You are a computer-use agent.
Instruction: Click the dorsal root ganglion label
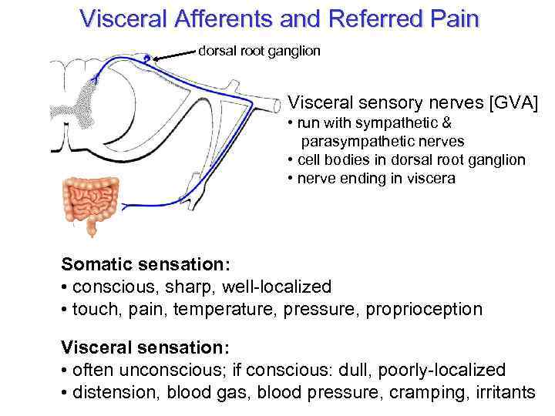(259, 51)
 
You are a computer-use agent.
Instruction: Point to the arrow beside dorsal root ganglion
(174, 54)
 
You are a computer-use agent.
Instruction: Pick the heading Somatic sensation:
(146, 264)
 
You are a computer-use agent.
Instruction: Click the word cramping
(417, 393)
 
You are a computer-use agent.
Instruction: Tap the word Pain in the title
(452, 18)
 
